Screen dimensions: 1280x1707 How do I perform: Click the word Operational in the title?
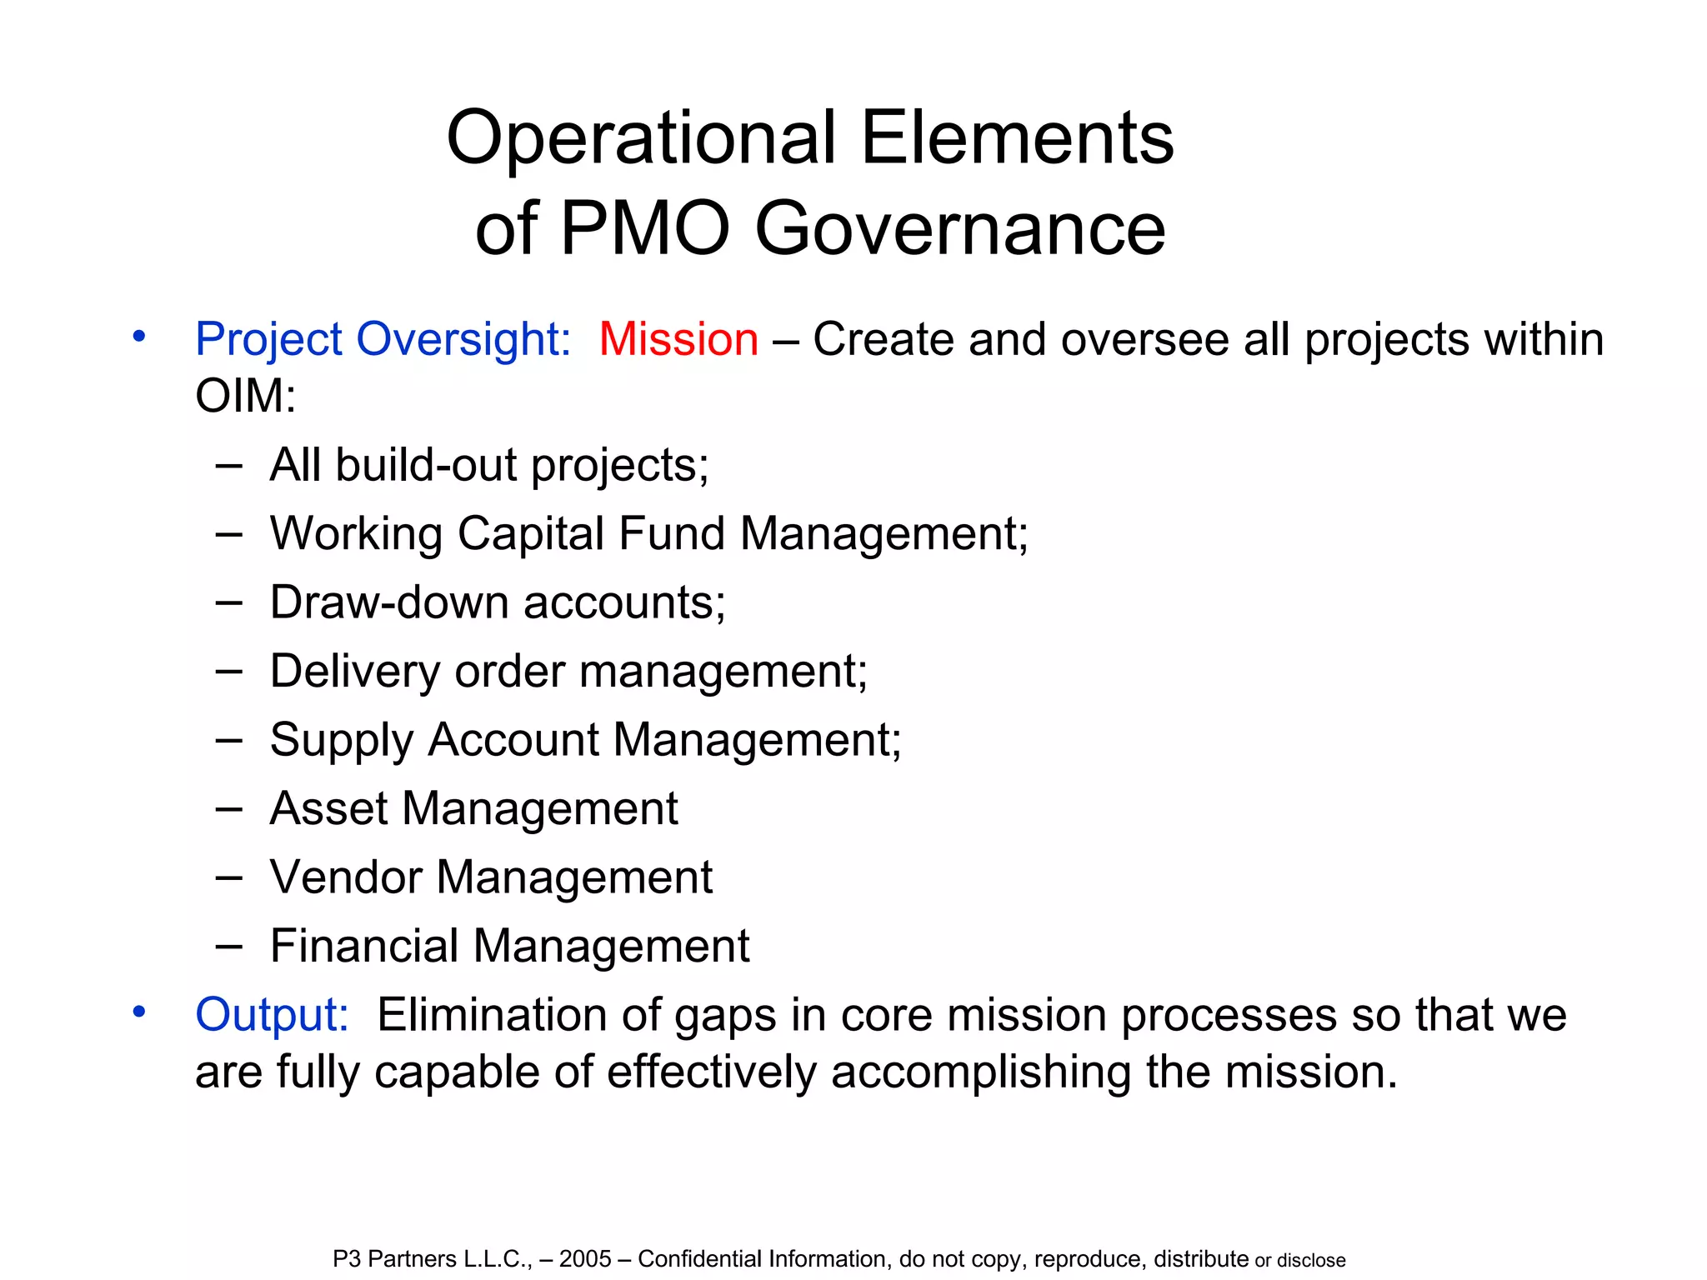[x=641, y=138]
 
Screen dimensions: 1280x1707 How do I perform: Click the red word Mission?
[x=678, y=340]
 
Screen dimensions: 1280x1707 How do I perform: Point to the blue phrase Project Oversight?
[x=383, y=340]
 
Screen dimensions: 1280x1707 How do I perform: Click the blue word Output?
[x=272, y=1016]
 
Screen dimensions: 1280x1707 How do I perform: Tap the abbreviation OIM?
[x=245, y=395]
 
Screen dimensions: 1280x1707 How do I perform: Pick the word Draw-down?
[x=389, y=602]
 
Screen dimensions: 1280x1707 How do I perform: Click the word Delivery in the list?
[x=355, y=671]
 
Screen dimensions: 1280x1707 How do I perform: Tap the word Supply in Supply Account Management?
[x=342, y=740]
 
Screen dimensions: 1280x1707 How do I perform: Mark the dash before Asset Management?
[x=228, y=808]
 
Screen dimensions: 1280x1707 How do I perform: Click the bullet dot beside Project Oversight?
[x=139, y=337]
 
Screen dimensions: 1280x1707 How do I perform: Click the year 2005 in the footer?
[x=585, y=1259]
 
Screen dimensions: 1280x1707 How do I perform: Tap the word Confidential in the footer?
[x=699, y=1259]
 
